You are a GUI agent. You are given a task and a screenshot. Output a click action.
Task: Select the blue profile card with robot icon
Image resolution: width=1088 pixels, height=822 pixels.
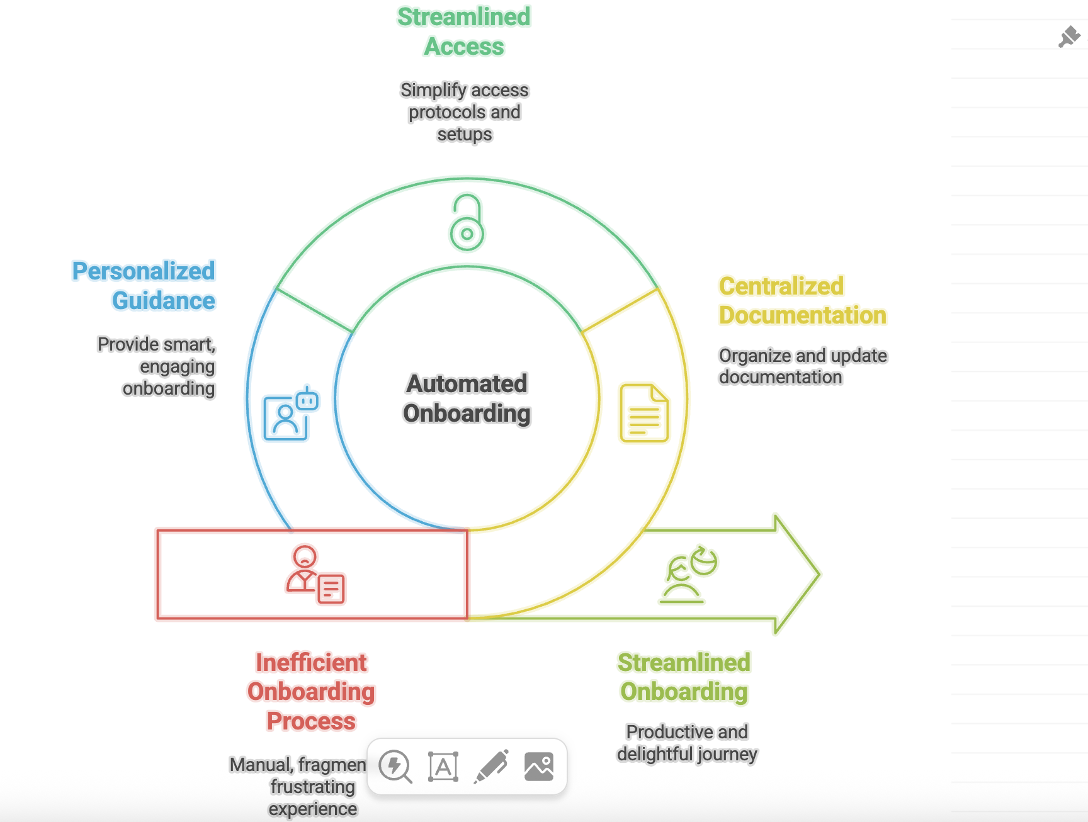click(x=290, y=414)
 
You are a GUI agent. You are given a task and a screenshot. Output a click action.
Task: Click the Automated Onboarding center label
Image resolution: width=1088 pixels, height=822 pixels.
click(x=467, y=398)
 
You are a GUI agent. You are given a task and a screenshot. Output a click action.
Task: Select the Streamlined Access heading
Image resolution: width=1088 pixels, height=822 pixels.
click(x=464, y=31)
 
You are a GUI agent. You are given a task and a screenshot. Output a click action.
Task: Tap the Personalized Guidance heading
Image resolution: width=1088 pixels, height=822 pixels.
click(x=144, y=286)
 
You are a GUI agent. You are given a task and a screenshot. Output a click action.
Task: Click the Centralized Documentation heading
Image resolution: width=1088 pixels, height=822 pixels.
click(x=802, y=300)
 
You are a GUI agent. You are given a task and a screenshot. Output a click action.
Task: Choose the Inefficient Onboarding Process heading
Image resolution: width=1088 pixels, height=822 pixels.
click(x=311, y=691)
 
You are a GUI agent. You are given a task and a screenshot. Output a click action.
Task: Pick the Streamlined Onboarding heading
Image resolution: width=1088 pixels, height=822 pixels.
click(x=684, y=677)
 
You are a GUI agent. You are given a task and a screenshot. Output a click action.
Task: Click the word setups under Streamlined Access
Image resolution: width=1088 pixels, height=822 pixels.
click(x=465, y=135)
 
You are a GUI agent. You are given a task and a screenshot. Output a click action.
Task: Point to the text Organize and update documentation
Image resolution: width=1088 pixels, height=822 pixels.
click(x=802, y=366)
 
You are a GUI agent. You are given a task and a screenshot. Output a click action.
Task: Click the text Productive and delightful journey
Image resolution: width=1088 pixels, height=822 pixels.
click(x=687, y=743)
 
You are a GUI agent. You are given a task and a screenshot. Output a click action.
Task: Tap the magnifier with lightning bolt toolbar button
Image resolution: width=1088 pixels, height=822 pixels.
click(x=395, y=767)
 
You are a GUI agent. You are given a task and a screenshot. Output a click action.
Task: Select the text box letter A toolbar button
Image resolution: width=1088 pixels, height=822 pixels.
click(x=443, y=767)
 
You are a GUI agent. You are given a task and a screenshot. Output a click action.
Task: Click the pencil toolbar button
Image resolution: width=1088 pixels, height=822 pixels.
click(x=491, y=767)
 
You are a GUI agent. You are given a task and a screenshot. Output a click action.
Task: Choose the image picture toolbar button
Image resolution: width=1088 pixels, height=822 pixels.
click(x=539, y=767)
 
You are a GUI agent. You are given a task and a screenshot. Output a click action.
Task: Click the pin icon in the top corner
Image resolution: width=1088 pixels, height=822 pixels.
click(x=1069, y=37)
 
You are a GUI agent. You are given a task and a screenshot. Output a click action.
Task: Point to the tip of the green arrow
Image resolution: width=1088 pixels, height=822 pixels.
click(x=819, y=574)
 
